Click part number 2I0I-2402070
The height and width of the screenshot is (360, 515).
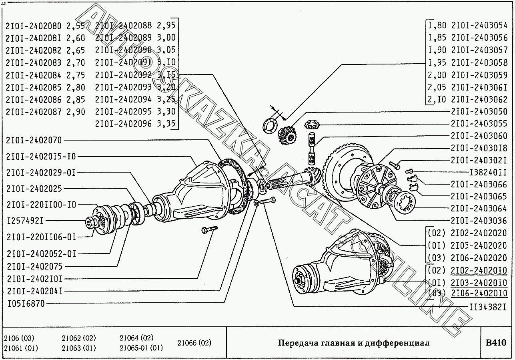click(x=34, y=140)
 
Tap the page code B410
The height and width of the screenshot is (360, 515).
click(x=496, y=343)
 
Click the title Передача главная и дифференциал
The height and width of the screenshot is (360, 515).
click(x=353, y=343)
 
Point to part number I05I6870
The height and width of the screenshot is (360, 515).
click(x=26, y=304)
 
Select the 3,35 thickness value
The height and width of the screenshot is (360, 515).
click(x=166, y=123)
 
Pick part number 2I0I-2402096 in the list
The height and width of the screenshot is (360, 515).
click(x=123, y=123)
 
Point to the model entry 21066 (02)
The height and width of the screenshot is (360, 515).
click(x=194, y=343)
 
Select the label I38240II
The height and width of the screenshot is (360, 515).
click(x=485, y=172)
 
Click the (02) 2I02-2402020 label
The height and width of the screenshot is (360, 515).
click(x=467, y=233)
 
